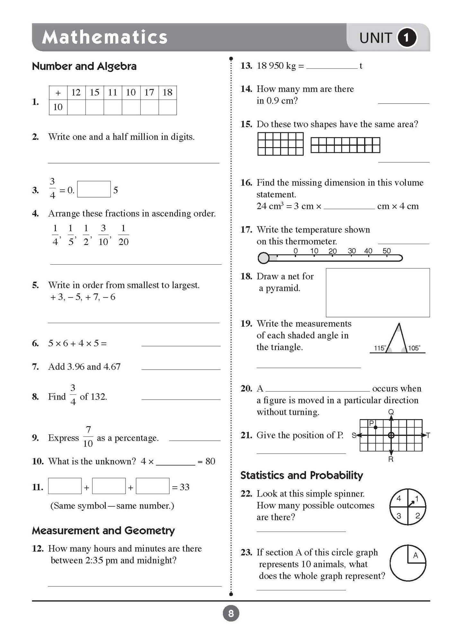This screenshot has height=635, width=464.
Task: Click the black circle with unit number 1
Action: tap(407, 38)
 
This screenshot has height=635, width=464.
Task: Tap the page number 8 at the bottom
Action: tap(231, 614)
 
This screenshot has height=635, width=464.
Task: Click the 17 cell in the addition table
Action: tap(149, 93)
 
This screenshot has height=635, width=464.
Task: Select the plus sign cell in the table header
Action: tap(58, 93)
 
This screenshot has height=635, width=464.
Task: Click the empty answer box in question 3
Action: tap(94, 189)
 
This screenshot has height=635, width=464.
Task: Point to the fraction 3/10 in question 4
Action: tap(103, 235)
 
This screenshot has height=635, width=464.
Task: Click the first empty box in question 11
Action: tap(65, 486)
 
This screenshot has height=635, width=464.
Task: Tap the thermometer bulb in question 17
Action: tap(264, 258)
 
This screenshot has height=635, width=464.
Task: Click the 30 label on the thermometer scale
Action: tap(352, 251)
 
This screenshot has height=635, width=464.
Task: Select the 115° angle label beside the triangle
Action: tap(380, 348)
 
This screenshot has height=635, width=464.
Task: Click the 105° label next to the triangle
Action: tap(414, 348)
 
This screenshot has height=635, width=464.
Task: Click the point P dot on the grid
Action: tap(376, 428)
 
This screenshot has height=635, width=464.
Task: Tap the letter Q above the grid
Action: tap(391, 412)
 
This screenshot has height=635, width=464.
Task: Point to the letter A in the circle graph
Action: tap(416, 555)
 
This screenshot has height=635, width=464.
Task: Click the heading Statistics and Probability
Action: tap(302, 475)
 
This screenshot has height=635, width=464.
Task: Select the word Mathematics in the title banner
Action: tap(105, 37)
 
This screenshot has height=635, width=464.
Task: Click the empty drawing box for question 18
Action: tap(378, 292)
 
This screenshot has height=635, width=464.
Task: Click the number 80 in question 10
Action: tap(210, 461)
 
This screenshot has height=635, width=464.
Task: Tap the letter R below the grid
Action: tap(391, 459)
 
